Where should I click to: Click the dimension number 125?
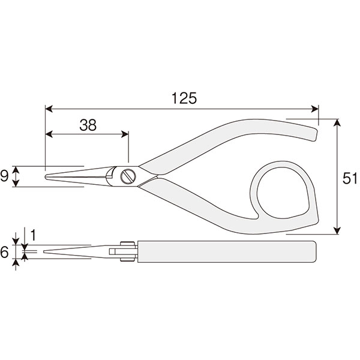[x=184, y=98]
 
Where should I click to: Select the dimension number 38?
[x=88, y=125]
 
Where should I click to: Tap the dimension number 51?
[x=350, y=178]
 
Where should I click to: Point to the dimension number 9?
[x=4, y=176]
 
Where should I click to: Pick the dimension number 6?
[x=4, y=252]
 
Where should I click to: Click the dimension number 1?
[x=33, y=235]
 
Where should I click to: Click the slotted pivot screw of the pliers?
[x=128, y=176]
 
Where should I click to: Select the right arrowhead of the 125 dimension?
[x=315, y=109]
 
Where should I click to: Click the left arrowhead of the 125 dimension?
[x=49, y=109]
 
